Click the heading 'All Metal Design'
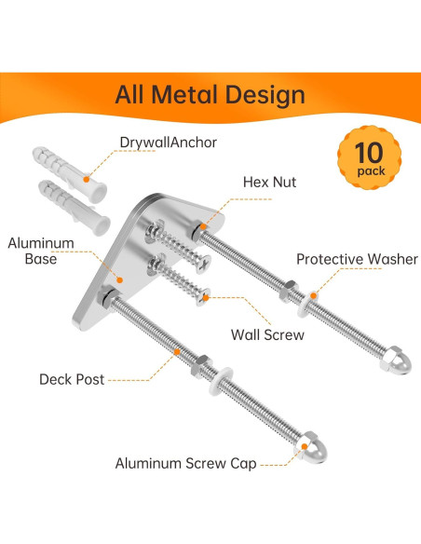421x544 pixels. (x=210, y=94)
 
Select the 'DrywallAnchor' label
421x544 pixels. (x=168, y=143)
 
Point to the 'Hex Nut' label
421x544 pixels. (x=269, y=183)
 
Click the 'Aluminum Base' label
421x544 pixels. (x=34, y=251)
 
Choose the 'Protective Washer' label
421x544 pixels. (x=358, y=259)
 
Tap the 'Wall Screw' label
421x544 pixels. (x=268, y=333)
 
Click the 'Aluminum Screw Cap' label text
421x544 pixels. (x=185, y=462)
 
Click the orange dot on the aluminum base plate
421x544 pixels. (x=119, y=278)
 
